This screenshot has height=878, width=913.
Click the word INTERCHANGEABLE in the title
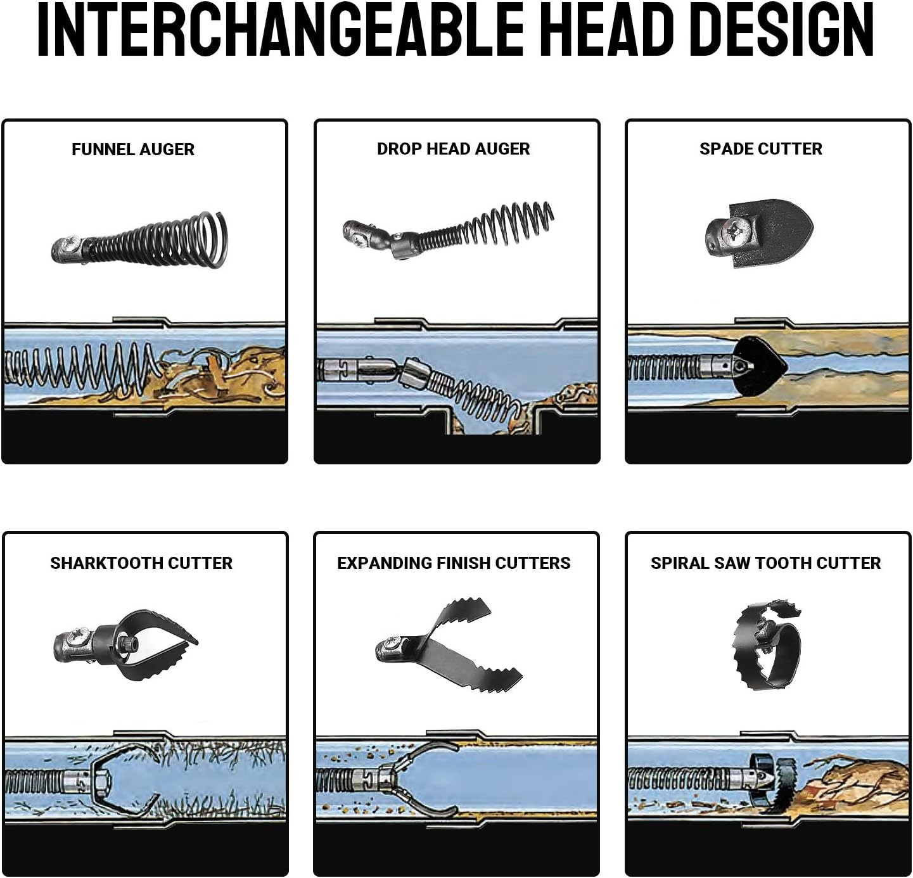coord(279,30)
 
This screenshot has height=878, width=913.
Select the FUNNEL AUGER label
coord(133,149)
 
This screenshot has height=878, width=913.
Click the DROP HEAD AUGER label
coord(453,149)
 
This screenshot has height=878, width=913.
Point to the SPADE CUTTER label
coord(760,149)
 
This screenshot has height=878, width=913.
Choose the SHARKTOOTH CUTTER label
coord(141,563)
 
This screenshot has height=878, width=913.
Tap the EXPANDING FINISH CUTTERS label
coord(454,563)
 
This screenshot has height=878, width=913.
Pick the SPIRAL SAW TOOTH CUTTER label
coord(765,563)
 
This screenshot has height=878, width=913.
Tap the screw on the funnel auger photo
coord(72,243)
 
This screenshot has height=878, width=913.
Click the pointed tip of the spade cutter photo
coord(812,229)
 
